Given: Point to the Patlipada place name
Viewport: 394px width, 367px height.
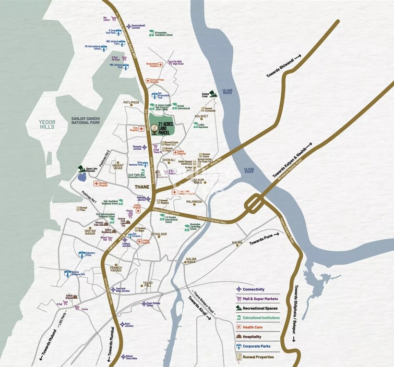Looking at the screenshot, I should tap(131, 103).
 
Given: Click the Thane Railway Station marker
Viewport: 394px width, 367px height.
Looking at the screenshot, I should tap(144, 303).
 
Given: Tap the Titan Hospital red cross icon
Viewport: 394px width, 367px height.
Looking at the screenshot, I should tap(141, 128).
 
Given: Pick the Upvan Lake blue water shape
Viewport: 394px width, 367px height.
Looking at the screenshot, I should tap(82, 176).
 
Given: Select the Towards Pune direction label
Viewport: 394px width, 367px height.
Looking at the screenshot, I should tap(264, 239).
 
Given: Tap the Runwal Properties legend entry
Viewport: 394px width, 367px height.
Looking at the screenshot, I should tap(257, 357).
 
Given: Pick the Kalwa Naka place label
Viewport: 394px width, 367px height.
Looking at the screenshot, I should tap(191, 261).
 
